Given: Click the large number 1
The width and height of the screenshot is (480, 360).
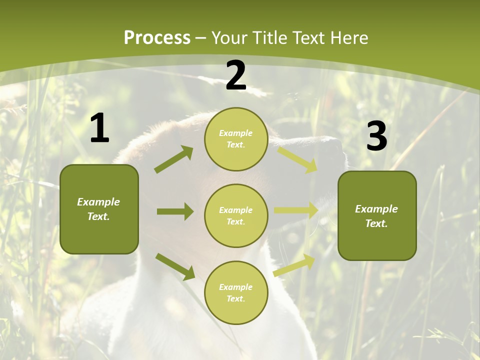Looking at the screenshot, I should (99, 128).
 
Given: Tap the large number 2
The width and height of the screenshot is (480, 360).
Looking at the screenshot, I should (236, 75).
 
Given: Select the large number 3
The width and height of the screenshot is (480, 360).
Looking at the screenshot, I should (376, 136).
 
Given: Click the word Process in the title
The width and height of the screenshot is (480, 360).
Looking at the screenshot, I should (157, 37).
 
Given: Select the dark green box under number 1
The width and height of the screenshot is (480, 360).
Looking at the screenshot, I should (99, 209).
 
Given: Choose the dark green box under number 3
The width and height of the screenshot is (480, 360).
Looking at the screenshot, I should (377, 215).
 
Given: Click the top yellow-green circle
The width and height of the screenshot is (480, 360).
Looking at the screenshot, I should (236, 139).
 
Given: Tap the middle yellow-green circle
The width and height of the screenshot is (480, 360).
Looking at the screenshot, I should (236, 215).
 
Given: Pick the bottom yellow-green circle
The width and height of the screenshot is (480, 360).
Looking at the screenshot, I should (236, 292).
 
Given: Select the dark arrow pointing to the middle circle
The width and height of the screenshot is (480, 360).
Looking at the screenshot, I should (175, 211).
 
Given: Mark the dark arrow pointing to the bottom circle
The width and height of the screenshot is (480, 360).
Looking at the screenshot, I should (175, 266).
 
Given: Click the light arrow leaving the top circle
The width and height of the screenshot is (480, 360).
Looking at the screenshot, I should (297, 159).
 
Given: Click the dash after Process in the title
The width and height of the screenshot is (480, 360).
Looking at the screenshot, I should (201, 38).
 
